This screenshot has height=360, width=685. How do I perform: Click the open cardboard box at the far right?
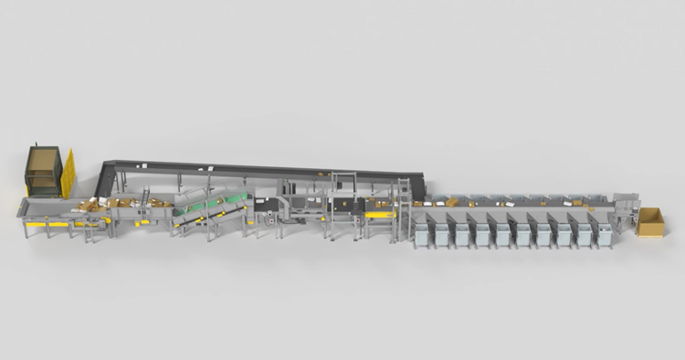click(651, 222)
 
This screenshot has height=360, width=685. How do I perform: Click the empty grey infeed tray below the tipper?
click(41, 209)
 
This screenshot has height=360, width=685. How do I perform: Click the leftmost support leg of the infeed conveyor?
click(26, 228)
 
